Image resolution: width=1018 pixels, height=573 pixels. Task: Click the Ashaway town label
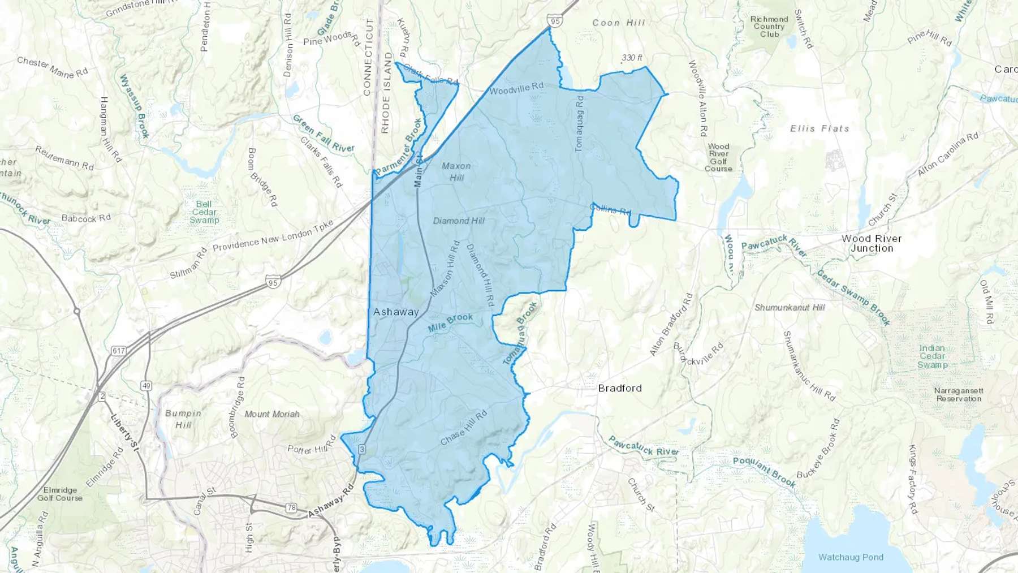pyautogui.click(x=396, y=312)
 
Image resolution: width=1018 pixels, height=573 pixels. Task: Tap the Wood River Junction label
pyautogui.click(x=872, y=243)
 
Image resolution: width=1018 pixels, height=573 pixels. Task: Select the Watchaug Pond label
pyautogui.click(x=851, y=557)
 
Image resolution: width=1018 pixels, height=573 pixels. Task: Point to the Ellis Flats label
pyautogui.click(x=819, y=128)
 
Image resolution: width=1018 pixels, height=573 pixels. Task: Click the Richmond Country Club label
pyautogui.click(x=769, y=27)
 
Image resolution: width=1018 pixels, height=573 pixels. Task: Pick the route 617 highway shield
pyautogui.click(x=118, y=351)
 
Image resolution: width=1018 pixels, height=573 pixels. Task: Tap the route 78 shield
pyautogui.click(x=291, y=507)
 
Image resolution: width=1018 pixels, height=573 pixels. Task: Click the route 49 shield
pyautogui.click(x=146, y=386)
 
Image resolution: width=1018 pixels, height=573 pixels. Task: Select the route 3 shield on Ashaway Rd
pyautogui.click(x=362, y=449)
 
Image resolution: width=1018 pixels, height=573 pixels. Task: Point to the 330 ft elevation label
pyautogui.click(x=632, y=58)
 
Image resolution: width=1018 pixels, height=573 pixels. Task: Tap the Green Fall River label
pyautogui.click(x=323, y=133)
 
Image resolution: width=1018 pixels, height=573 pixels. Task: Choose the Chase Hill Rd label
pyautogui.click(x=464, y=428)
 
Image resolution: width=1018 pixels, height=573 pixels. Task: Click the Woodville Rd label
pyautogui.click(x=516, y=88)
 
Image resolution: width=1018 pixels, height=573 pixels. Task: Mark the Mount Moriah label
pyautogui.click(x=272, y=414)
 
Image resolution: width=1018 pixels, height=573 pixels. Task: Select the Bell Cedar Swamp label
pyautogui.click(x=204, y=212)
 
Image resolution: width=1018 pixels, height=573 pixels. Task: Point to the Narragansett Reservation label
pyautogui.click(x=959, y=395)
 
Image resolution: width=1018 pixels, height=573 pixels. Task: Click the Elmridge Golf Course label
pyautogui.click(x=60, y=494)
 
